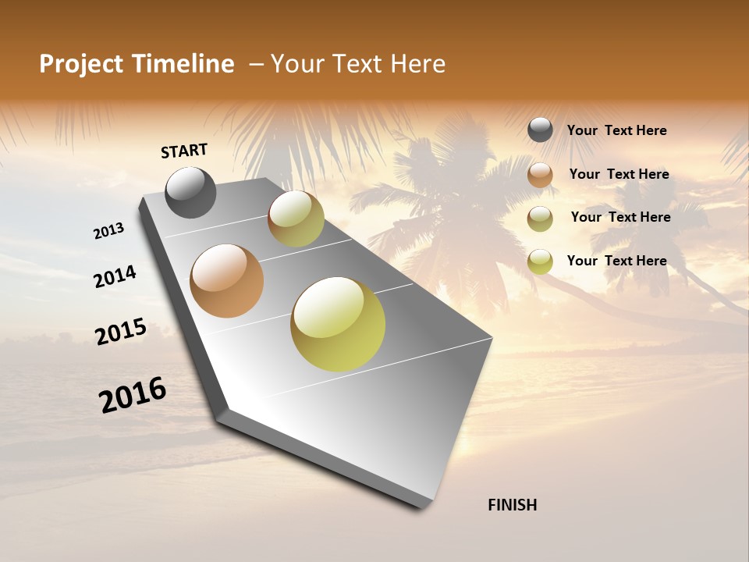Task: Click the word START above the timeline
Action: pos(184,150)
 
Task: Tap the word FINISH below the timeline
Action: pos(512,505)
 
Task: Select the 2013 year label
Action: pos(109,231)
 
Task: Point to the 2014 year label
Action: pos(115,276)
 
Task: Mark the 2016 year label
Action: pos(133,395)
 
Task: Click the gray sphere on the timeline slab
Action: pos(191,193)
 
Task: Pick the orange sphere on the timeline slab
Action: pos(227,281)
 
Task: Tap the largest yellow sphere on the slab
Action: pos(338,324)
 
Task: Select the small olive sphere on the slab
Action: pos(296,219)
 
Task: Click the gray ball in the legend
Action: pos(540,130)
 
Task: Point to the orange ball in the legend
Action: pos(540,175)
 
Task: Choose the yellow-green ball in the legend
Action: pos(540,261)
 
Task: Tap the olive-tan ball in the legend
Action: pos(540,219)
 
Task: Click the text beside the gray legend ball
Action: pos(616,130)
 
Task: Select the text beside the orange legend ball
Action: pos(619,174)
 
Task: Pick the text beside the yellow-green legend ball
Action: pos(616,261)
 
